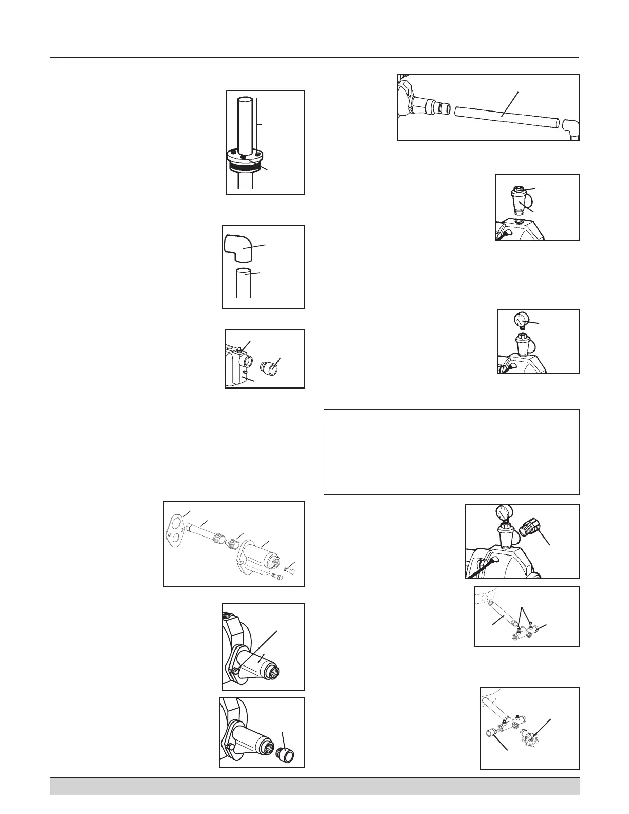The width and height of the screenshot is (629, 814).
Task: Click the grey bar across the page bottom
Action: pyautogui.click(x=314, y=786)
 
